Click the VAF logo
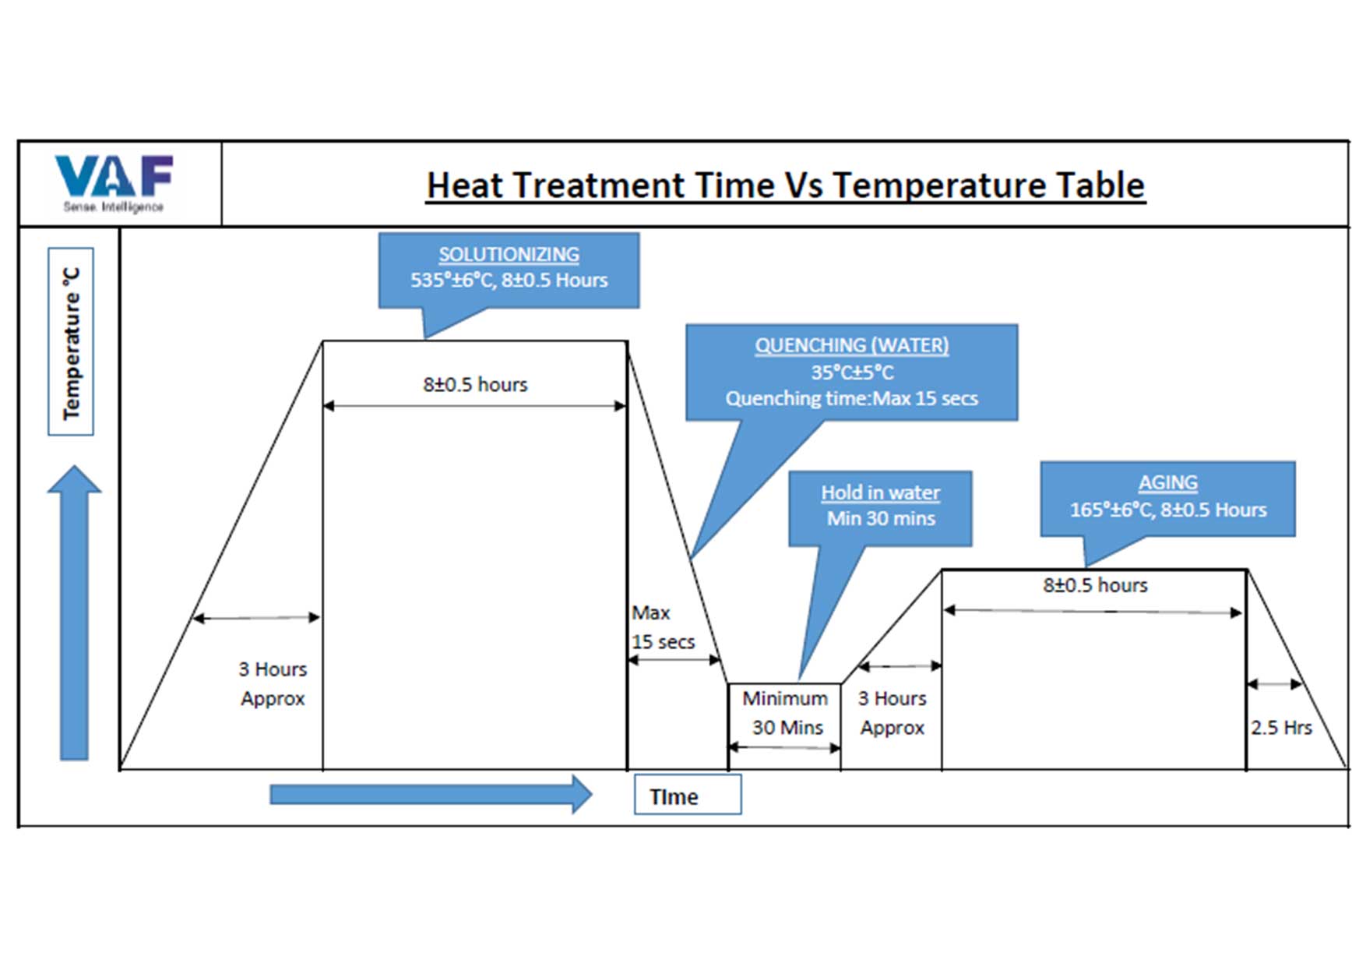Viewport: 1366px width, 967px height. (x=114, y=182)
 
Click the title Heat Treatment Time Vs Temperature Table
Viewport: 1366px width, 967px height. (x=785, y=185)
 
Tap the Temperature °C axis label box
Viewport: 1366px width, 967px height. (x=71, y=341)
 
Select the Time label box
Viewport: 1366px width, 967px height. (x=687, y=796)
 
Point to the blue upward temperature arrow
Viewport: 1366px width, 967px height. (x=75, y=612)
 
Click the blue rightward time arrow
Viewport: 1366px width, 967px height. (x=430, y=794)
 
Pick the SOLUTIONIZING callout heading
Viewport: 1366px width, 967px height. (x=509, y=255)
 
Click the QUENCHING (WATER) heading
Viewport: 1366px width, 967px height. (x=851, y=345)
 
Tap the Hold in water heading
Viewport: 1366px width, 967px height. (x=880, y=492)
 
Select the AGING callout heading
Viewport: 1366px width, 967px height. (x=1167, y=483)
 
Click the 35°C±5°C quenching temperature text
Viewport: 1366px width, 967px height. (x=851, y=372)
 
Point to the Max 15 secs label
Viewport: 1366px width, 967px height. (x=662, y=627)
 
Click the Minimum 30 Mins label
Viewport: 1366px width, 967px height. (x=785, y=712)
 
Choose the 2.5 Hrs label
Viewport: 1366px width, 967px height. (x=1281, y=728)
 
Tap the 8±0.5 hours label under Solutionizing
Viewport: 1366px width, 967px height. (x=475, y=384)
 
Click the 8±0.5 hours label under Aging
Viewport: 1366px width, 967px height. (x=1095, y=585)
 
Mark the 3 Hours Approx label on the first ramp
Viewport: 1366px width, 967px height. (x=273, y=683)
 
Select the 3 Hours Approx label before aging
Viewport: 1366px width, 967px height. (x=892, y=712)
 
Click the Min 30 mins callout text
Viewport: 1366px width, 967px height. (x=880, y=519)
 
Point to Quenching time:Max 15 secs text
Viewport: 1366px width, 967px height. (x=851, y=399)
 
